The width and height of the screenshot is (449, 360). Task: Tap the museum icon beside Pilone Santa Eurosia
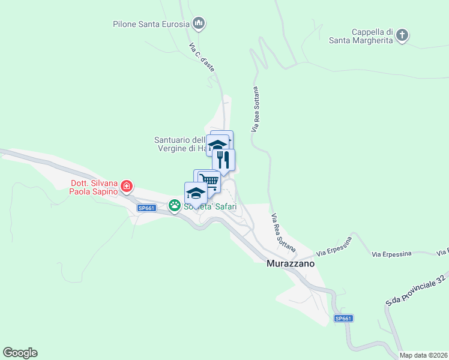point(199,24)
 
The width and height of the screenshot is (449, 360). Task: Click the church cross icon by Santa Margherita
point(403,35)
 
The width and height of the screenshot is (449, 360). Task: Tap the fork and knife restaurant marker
point(223,160)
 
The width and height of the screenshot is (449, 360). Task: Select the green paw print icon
point(175,206)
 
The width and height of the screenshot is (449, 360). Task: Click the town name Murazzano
point(291,263)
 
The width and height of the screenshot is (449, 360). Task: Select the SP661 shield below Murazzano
point(343,319)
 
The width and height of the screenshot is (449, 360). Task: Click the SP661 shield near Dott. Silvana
point(146,208)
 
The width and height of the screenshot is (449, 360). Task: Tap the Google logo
point(20,353)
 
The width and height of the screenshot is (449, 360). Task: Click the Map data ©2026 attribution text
point(424,355)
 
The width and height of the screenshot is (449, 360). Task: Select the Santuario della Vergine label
point(180,144)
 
